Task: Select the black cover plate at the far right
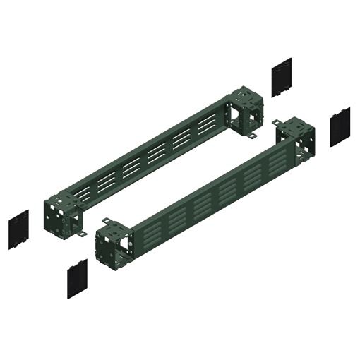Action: [341, 126]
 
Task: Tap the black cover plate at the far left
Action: [18, 229]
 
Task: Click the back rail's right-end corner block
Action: [244, 111]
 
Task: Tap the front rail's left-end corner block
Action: [112, 242]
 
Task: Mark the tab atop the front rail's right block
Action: [280, 123]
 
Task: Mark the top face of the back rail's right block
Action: [246, 92]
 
